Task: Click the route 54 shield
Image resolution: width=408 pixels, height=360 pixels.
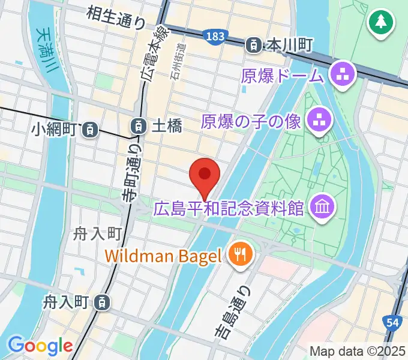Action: (x=392, y=323)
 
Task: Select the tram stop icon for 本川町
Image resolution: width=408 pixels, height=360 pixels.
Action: (x=254, y=44)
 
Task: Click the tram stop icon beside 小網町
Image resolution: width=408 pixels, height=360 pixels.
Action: (x=90, y=128)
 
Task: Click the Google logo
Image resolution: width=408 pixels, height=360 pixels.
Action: (x=40, y=346)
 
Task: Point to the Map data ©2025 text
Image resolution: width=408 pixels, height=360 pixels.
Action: (x=357, y=351)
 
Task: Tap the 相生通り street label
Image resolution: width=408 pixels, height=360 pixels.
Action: (x=116, y=16)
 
